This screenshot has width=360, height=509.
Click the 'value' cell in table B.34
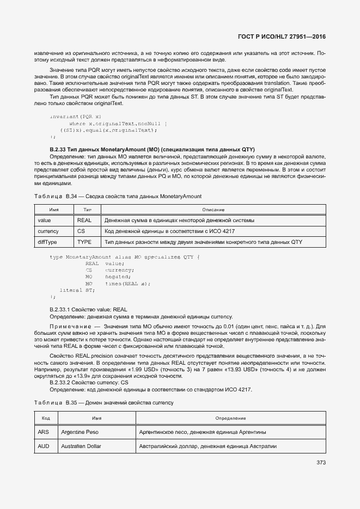44,220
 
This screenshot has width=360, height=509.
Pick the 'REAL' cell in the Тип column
84,220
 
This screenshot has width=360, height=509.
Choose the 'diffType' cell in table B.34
47,241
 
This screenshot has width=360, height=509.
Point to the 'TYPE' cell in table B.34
84,241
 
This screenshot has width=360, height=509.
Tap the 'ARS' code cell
44,432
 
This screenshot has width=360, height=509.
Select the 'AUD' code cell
44,446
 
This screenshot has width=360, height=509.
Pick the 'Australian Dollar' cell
81,446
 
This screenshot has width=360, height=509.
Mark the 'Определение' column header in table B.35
230,418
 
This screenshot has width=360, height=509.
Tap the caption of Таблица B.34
118,196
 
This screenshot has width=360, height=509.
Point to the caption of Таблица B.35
103,402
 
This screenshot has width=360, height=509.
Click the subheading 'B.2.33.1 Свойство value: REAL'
88,309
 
